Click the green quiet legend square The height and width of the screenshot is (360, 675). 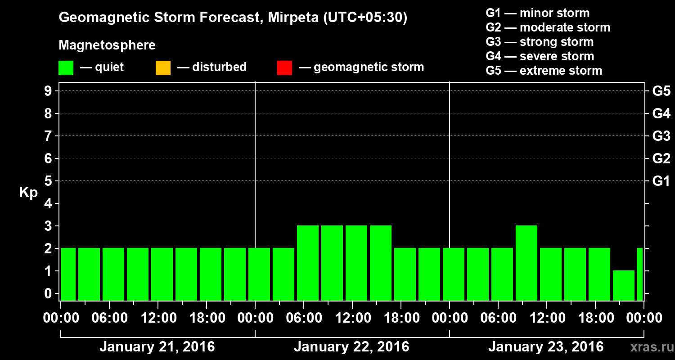coord(66,68)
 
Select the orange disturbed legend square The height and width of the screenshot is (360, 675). coord(163,68)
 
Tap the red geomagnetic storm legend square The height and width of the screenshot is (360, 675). coord(284,68)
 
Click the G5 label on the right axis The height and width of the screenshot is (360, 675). coord(661,91)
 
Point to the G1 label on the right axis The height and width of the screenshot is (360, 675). coord(661,181)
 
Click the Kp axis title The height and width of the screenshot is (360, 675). coord(28,193)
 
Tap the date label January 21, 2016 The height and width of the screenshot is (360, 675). coord(157,347)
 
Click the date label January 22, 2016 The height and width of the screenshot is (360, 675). coord(351,347)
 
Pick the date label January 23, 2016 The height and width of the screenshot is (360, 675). coord(546,347)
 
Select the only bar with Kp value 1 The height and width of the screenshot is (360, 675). coord(623,285)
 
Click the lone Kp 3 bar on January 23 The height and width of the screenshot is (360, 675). coord(526,263)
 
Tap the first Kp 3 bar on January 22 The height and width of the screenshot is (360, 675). coord(308,263)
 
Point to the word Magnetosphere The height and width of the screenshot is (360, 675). coord(107,45)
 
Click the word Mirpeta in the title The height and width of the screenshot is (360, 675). coord(292,18)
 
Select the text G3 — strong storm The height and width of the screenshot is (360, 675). coord(540,42)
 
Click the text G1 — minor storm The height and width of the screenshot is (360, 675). coord(537,13)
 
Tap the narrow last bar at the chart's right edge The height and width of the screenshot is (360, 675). coord(640,274)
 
